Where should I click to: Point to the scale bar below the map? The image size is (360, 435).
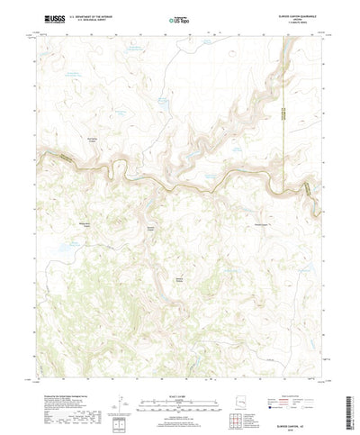[180, 402]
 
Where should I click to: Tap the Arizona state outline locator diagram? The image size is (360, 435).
[248, 402]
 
